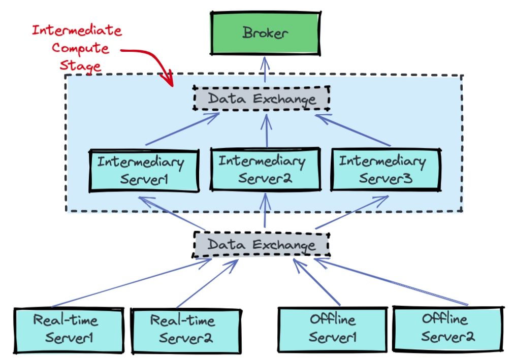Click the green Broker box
tap(265, 34)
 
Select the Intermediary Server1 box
tap(144, 171)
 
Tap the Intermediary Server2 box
tap(265, 170)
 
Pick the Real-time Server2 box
tap(185, 330)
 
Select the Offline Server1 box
tap(332, 329)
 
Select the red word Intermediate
tap(77, 30)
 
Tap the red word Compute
tap(80, 48)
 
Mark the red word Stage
tap(80, 66)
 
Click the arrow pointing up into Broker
tap(264, 71)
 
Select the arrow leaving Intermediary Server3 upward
tap(353, 130)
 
